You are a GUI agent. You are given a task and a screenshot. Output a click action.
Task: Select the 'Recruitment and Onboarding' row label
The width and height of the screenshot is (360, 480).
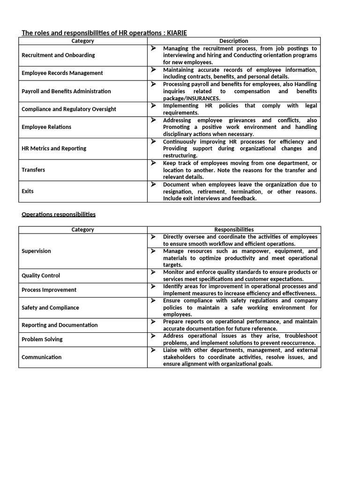[x=58, y=55]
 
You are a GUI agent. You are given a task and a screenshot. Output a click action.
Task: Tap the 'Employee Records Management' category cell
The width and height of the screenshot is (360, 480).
[x=62, y=73]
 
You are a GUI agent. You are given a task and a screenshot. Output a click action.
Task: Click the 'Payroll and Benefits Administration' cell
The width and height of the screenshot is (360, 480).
[x=66, y=91]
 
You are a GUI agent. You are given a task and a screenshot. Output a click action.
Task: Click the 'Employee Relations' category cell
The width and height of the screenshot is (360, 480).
[x=46, y=127]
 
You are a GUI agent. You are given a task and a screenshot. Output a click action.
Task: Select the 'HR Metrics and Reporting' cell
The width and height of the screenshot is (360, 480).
[x=54, y=149]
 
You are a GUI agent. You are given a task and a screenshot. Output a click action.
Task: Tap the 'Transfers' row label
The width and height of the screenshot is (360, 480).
[x=33, y=170]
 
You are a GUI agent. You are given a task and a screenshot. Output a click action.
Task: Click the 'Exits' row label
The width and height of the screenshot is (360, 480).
[x=28, y=191]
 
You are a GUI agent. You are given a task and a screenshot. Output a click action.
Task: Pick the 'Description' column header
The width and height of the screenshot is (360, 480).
[x=234, y=41]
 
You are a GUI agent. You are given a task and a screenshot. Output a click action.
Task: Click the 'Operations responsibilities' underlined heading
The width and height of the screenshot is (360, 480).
[x=59, y=214]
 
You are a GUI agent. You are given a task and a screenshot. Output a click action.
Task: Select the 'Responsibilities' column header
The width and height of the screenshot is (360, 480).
[x=234, y=230]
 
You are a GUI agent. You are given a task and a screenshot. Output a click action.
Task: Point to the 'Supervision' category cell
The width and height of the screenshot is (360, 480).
[x=36, y=251]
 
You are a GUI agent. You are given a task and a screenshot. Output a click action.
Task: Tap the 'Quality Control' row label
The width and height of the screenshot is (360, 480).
[x=41, y=276]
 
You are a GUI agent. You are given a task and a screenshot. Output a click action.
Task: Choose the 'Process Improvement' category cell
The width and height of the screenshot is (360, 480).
[x=49, y=290]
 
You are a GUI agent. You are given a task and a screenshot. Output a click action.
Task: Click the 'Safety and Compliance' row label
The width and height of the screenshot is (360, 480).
[x=50, y=308]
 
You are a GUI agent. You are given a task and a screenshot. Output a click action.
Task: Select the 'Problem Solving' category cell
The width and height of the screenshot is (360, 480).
[x=42, y=339]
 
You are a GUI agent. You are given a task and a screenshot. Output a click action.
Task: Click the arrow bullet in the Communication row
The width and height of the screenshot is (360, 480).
[x=153, y=350]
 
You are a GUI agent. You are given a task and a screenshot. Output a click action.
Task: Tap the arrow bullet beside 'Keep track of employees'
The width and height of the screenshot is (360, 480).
[x=153, y=163]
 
